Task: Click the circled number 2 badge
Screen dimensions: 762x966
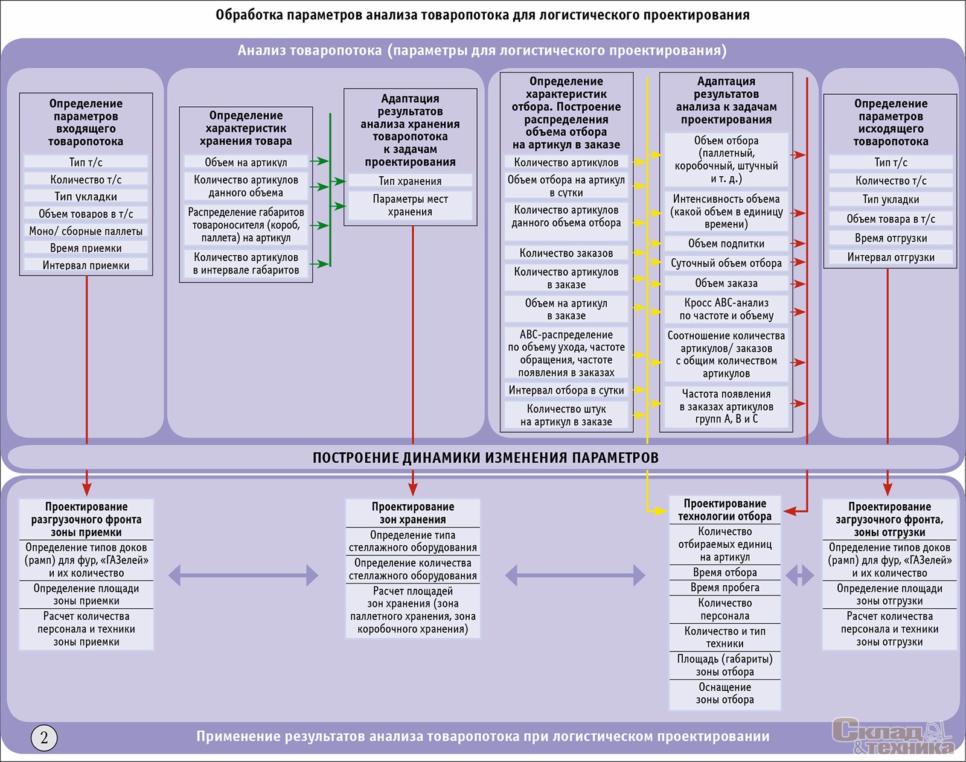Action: pyautogui.click(x=44, y=737)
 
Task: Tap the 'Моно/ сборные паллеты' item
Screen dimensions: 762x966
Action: pyautogui.click(x=86, y=231)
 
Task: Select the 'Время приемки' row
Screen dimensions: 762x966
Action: pyautogui.click(x=86, y=248)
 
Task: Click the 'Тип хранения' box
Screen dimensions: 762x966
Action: pyautogui.click(x=410, y=181)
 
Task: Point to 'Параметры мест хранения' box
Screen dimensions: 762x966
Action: pyautogui.click(x=410, y=206)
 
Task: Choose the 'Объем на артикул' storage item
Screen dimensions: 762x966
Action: pyautogui.click(x=246, y=162)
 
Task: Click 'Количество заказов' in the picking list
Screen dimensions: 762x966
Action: pyautogui.click(x=566, y=253)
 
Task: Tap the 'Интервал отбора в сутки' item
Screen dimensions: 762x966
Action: pyautogui.click(x=566, y=390)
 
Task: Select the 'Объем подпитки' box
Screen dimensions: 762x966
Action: pyautogui.click(x=726, y=244)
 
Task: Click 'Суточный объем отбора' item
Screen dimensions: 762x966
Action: pyautogui.click(x=726, y=263)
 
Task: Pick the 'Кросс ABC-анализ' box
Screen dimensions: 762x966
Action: pyautogui.click(x=726, y=309)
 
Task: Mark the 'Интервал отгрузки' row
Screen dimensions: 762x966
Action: pyautogui.click(x=891, y=258)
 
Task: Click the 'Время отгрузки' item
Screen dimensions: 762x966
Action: pyautogui.click(x=891, y=238)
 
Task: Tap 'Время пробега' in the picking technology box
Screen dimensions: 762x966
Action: pyautogui.click(x=724, y=588)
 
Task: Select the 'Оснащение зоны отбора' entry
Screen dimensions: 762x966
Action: pyautogui.click(x=724, y=694)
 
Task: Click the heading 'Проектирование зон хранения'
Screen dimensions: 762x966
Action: pyautogui.click(x=412, y=513)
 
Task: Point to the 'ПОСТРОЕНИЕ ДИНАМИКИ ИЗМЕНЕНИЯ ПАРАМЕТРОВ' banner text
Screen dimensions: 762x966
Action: pyautogui.click(x=485, y=458)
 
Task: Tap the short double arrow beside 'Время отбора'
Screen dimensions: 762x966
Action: pyautogui.click(x=800, y=575)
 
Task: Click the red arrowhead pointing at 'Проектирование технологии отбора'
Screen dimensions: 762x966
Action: pyautogui.click(x=792, y=511)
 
